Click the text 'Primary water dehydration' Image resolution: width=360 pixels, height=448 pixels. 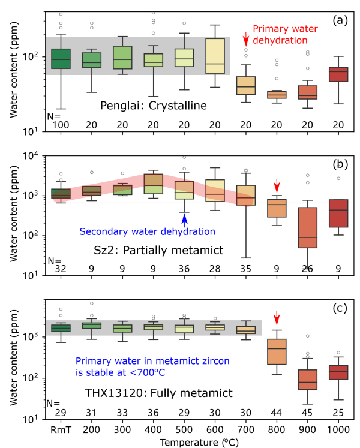280,35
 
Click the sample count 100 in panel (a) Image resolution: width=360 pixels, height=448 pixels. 61,124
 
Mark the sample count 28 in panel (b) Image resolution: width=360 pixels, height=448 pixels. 215,267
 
